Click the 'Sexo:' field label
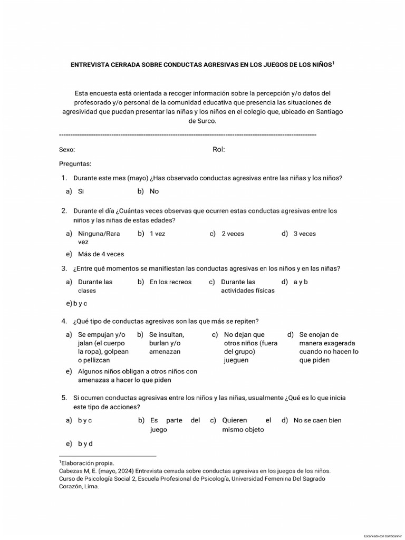click(67, 150)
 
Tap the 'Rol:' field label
click(219, 149)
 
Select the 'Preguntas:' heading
click(75, 164)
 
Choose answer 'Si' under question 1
click(81, 191)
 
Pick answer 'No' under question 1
click(154, 191)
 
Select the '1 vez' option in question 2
click(157, 234)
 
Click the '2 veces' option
click(233, 234)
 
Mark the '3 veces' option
click(305, 234)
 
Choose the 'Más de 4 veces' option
click(101, 254)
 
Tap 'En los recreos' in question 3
click(170, 282)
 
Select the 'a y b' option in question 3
click(301, 282)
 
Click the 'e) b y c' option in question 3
click(76, 303)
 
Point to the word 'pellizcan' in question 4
click(95, 360)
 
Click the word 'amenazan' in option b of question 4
click(165, 351)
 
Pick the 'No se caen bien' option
click(317, 420)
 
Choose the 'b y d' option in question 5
click(85, 443)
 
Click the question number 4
click(63, 321)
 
